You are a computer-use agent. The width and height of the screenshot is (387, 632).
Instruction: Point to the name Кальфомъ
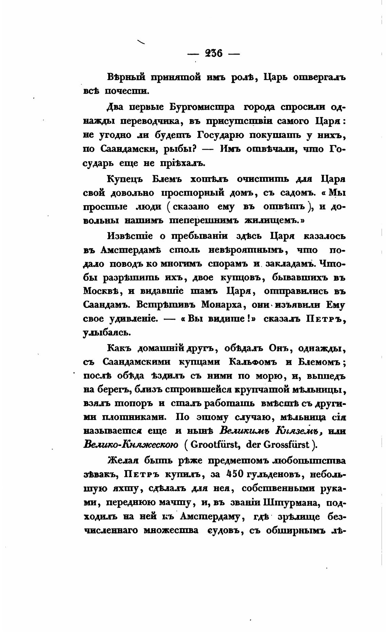(x=253, y=362)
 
